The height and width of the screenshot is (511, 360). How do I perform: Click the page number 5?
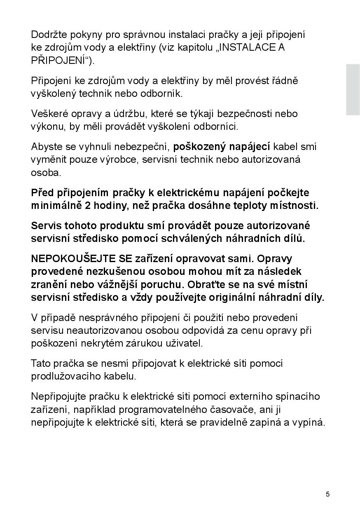point(327,495)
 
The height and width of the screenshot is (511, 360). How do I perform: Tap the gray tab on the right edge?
point(353,89)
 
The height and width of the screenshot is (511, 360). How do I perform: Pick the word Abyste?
point(46,147)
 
